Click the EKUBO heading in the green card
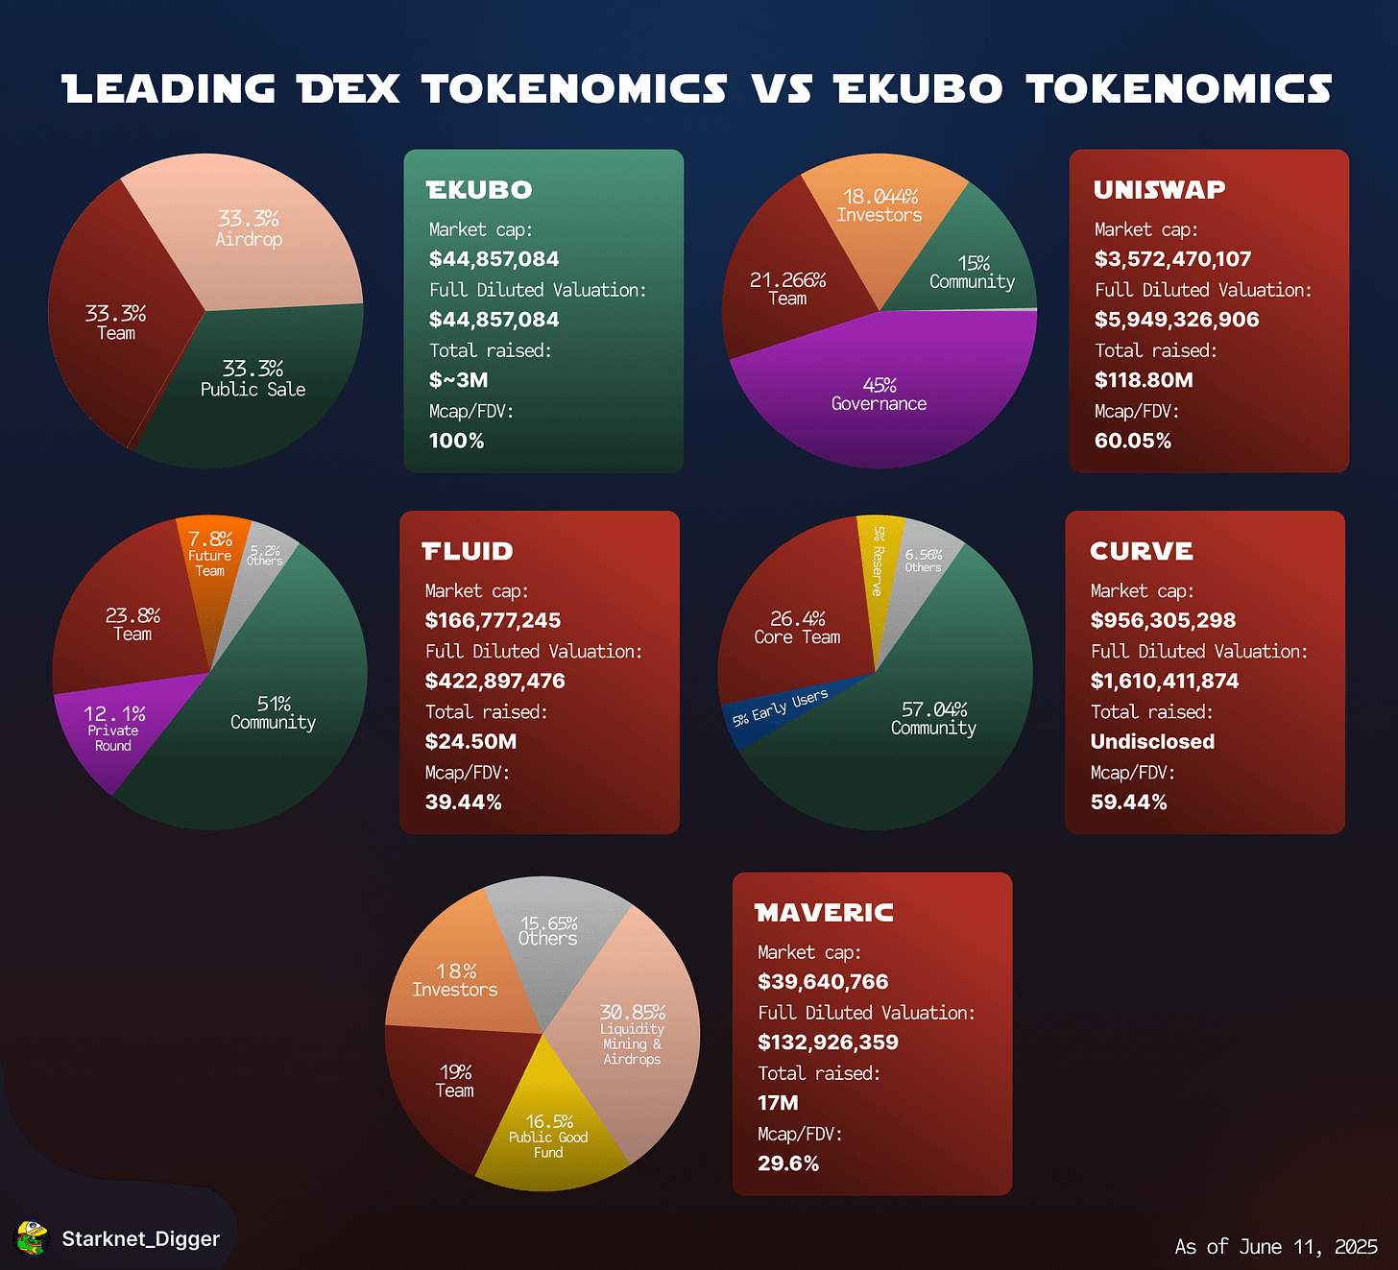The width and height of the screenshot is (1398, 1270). [479, 190]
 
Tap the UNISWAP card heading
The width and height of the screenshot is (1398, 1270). [1159, 190]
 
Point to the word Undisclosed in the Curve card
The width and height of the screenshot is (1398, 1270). [1152, 741]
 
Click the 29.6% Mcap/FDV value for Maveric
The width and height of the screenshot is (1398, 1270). [788, 1163]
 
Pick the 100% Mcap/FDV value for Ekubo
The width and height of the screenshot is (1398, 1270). [456, 441]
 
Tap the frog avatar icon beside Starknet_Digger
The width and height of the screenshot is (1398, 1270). [33, 1238]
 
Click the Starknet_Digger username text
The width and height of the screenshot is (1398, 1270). [141, 1239]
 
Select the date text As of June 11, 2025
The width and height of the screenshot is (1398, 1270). [1276, 1246]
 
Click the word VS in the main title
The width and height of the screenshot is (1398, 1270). [781, 89]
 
